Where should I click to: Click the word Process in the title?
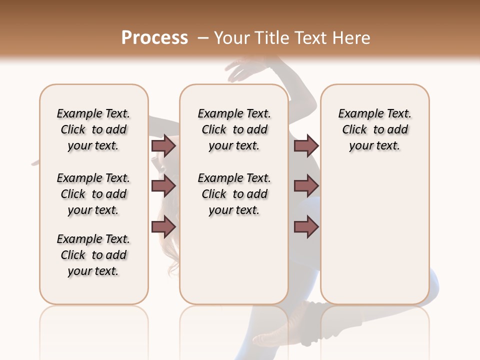tap(154, 38)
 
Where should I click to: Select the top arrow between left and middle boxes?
tap(163, 145)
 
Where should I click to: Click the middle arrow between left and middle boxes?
tap(163, 186)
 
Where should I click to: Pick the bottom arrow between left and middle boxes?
tap(163, 227)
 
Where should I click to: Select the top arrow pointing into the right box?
tap(306, 145)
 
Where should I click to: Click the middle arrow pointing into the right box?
tap(306, 186)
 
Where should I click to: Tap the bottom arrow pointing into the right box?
tap(306, 227)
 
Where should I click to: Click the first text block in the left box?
tap(93, 129)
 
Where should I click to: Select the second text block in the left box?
tap(93, 194)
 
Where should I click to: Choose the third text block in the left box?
tap(93, 255)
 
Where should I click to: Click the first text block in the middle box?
tap(234, 129)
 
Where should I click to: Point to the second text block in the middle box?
tap(234, 194)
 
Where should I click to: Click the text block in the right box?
tap(374, 129)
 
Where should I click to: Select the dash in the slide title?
tap(203, 38)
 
